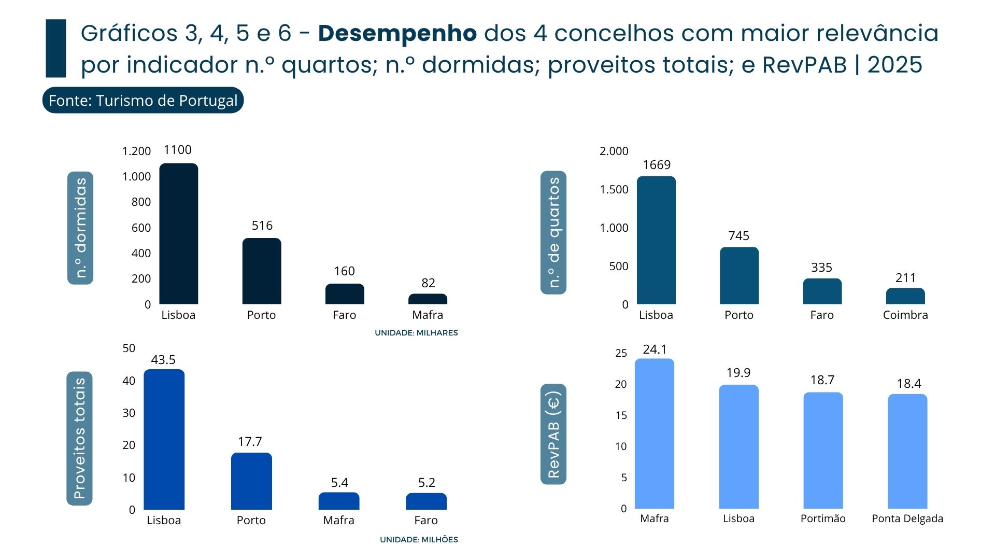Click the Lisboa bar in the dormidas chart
(178, 233)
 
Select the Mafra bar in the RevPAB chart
(654, 433)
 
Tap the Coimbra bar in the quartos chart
(905, 296)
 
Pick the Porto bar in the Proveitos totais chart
(251, 481)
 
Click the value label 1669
(656, 165)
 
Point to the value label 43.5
(163, 360)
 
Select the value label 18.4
(908, 384)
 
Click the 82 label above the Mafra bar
(428, 283)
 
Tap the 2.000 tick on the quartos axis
(614, 151)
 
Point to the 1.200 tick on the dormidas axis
(136, 151)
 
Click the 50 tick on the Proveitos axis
(129, 348)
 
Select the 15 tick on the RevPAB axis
(621, 415)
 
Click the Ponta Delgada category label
(907, 519)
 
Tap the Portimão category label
(822, 519)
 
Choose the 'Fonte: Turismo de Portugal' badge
(143, 100)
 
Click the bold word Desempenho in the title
(397, 33)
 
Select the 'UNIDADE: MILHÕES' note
(419, 540)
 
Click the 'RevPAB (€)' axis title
(553, 435)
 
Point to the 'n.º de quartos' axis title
(553, 232)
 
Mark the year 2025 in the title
(894, 65)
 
